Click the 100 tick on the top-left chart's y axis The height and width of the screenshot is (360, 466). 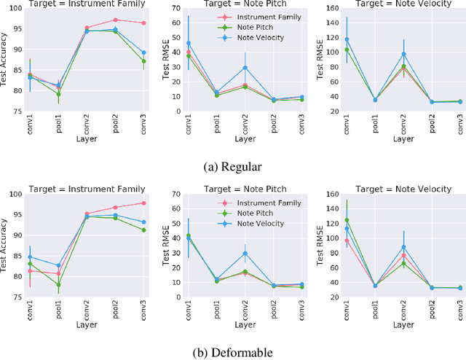pyautogui.click(x=17, y=9)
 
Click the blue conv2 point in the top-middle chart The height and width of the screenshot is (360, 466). pyautogui.click(x=245, y=68)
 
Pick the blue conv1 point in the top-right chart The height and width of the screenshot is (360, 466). pyautogui.click(x=347, y=39)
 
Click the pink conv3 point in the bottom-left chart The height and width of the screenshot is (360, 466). pyautogui.click(x=143, y=203)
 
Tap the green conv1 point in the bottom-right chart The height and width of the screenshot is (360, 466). pyautogui.click(x=347, y=219)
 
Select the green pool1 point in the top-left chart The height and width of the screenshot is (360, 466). pyautogui.click(x=58, y=94)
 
